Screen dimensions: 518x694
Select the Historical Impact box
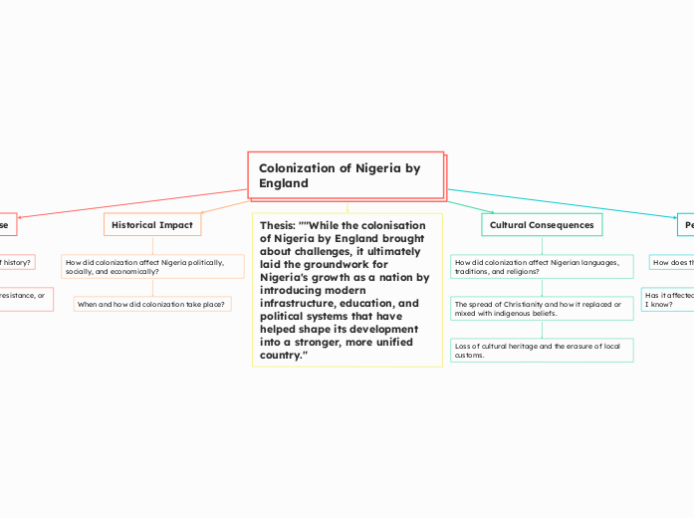(x=152, y=225)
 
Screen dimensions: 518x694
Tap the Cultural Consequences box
(x=542, y=225)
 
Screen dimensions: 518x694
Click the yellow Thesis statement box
(x=347, y=289)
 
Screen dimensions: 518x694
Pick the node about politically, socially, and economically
(x=152, y=266)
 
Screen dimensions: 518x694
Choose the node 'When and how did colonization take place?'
(x=152, y=303)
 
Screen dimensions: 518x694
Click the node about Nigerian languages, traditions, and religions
(x=542, y=266)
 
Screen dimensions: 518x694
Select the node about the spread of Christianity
(x=542, y=308)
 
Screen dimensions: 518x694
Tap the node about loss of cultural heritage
(x=542, y=350)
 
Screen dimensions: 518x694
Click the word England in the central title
(x=284, y=183)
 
